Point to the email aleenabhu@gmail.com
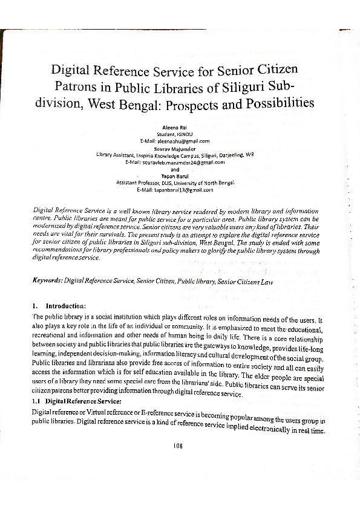pos(175,140)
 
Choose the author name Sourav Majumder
pos(175,148)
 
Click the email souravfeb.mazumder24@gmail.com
pos(175,162)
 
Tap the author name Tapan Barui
pos(175,175)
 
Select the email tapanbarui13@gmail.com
pos(175,190)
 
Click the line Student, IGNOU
pos(175,134)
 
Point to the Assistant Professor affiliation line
pos(175,183)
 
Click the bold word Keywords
pos(47,281)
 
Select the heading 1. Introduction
pos(59,305)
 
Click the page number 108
pos(177,446)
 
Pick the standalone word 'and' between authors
pos(175,169)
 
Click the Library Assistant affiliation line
pos(175,155)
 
